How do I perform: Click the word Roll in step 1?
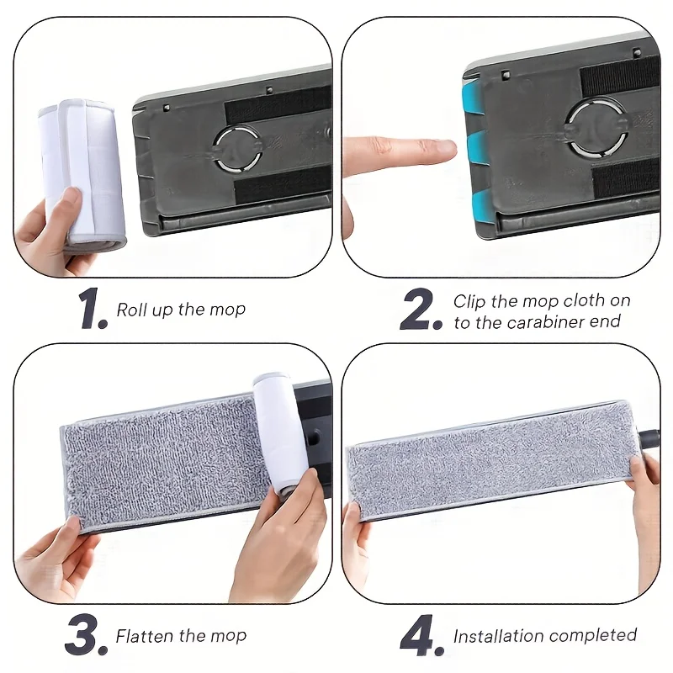[130, 310]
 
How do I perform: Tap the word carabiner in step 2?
[545, 322]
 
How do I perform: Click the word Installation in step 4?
[493, 636]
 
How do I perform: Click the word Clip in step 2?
[469, 301]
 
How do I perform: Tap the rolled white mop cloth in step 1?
[82, 176]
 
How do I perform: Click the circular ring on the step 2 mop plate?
[597, 128]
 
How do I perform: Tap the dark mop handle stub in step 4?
[648, 439]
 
